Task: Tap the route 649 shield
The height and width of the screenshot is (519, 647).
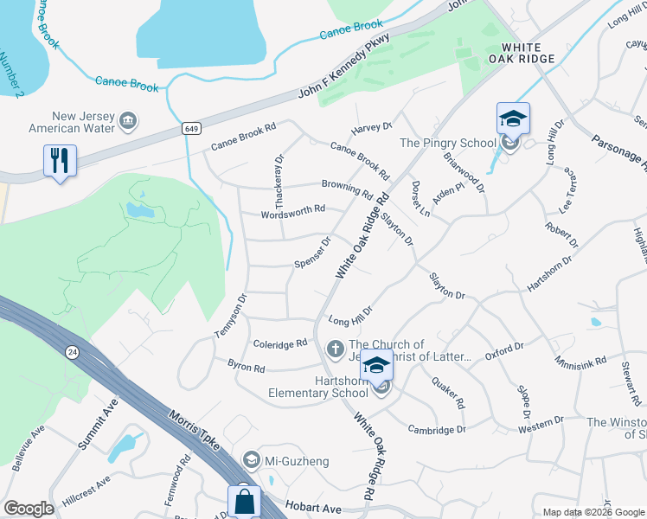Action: click(191, 128)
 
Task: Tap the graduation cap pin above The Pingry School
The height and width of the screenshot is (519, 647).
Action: click(512, 119)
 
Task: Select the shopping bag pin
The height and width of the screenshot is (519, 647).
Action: click(244, 501)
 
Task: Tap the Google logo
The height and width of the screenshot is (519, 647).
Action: click(29, 508)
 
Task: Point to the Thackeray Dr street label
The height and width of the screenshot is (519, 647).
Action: click(279, 181)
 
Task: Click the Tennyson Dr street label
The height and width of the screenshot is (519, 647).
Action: click(231, 316)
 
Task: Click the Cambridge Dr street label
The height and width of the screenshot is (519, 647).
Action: click(437, 429)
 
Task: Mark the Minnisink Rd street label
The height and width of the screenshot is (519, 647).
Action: click(581, 362)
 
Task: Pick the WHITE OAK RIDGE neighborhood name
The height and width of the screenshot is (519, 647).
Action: click(522, 53)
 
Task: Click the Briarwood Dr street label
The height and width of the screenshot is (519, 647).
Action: click(464, 168)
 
